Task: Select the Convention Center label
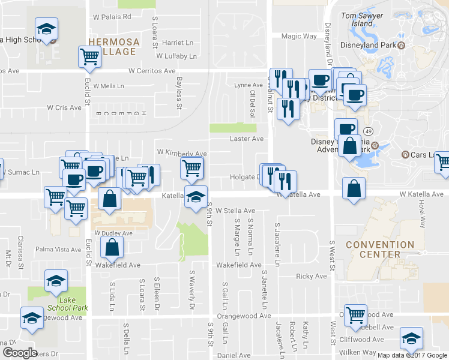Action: click(x=380, y=250)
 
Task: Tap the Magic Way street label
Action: click(x=299, y=37)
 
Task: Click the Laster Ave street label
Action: click(x=247, y=139)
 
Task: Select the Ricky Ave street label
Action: click(x=312, y=277)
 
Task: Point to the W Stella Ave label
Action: click(x=235, y=211)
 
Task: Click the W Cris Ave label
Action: click(x=64, y=108)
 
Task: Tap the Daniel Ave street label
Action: click(x=234, y=356)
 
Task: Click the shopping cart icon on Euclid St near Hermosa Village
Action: click(x=89, y=57)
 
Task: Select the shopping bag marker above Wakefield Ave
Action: click(x=112, y=247)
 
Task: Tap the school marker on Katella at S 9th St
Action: click(x=195, y=196)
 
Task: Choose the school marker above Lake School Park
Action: click(x=56, y=280)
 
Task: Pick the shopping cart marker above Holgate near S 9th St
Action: click(x=191, y=167)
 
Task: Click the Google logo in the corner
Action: click(x=20, y=353)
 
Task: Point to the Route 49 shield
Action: click(x=368, y=131)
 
